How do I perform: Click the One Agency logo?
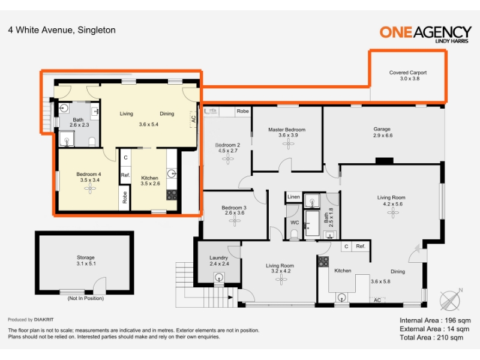click(425, 34)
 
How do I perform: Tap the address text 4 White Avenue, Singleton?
click(62, 30)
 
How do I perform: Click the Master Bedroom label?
click(287, 130)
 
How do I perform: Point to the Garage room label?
click(382, 129)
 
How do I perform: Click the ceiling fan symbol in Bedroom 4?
click(90, 188)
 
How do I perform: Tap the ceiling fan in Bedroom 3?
click(235, 221)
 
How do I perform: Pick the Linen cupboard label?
click(293, 197)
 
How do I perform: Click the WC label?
click(295, 223)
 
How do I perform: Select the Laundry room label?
click(218, 258)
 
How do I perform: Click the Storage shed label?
click(85, 257)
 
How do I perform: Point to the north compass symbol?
click(451, 299)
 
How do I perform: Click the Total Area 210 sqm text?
click(431, 337)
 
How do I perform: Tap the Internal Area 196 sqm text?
click(435, 320)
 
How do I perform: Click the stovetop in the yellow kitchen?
click(172, 195)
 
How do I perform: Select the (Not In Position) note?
click(86, 298)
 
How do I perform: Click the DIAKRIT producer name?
click(44, 320)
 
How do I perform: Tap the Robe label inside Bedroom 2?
click(243, 111)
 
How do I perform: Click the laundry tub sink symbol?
click(219, 278)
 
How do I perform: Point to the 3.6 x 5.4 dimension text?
click(148, 124)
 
